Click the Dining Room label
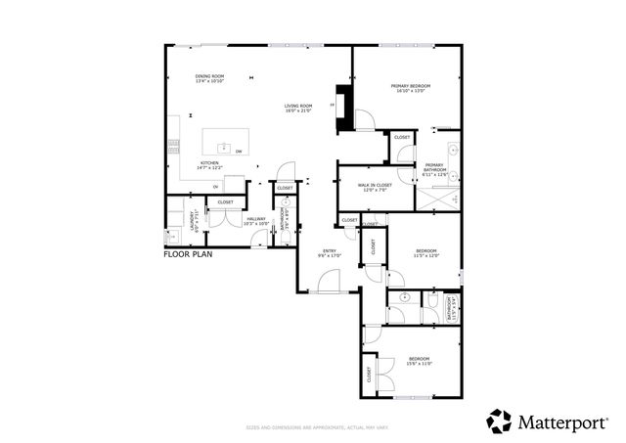(x=210, y=78)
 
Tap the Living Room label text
(x=298, y=108)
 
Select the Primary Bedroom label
(x=412, y=89)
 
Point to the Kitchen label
(x=209, y=165)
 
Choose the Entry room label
(x=330, y=253)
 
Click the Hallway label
(x=256, y=221)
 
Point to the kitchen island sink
(x=225, y=149)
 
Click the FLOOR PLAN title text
(x=188, y=253)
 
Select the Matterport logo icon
(x=499, y=421)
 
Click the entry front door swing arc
(x=328, y=284)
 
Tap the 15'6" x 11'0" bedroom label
(x=419, y=361)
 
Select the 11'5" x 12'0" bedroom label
(x=426, y=254)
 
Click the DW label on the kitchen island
(x=238, y=152)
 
